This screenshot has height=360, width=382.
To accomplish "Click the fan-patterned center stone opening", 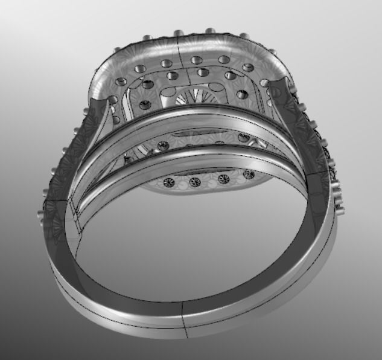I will click(x=194, y=95).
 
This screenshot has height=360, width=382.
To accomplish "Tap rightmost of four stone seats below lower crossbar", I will click(x=248, y=175).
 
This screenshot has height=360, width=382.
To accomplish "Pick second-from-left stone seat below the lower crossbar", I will click(x=194, y=182).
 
